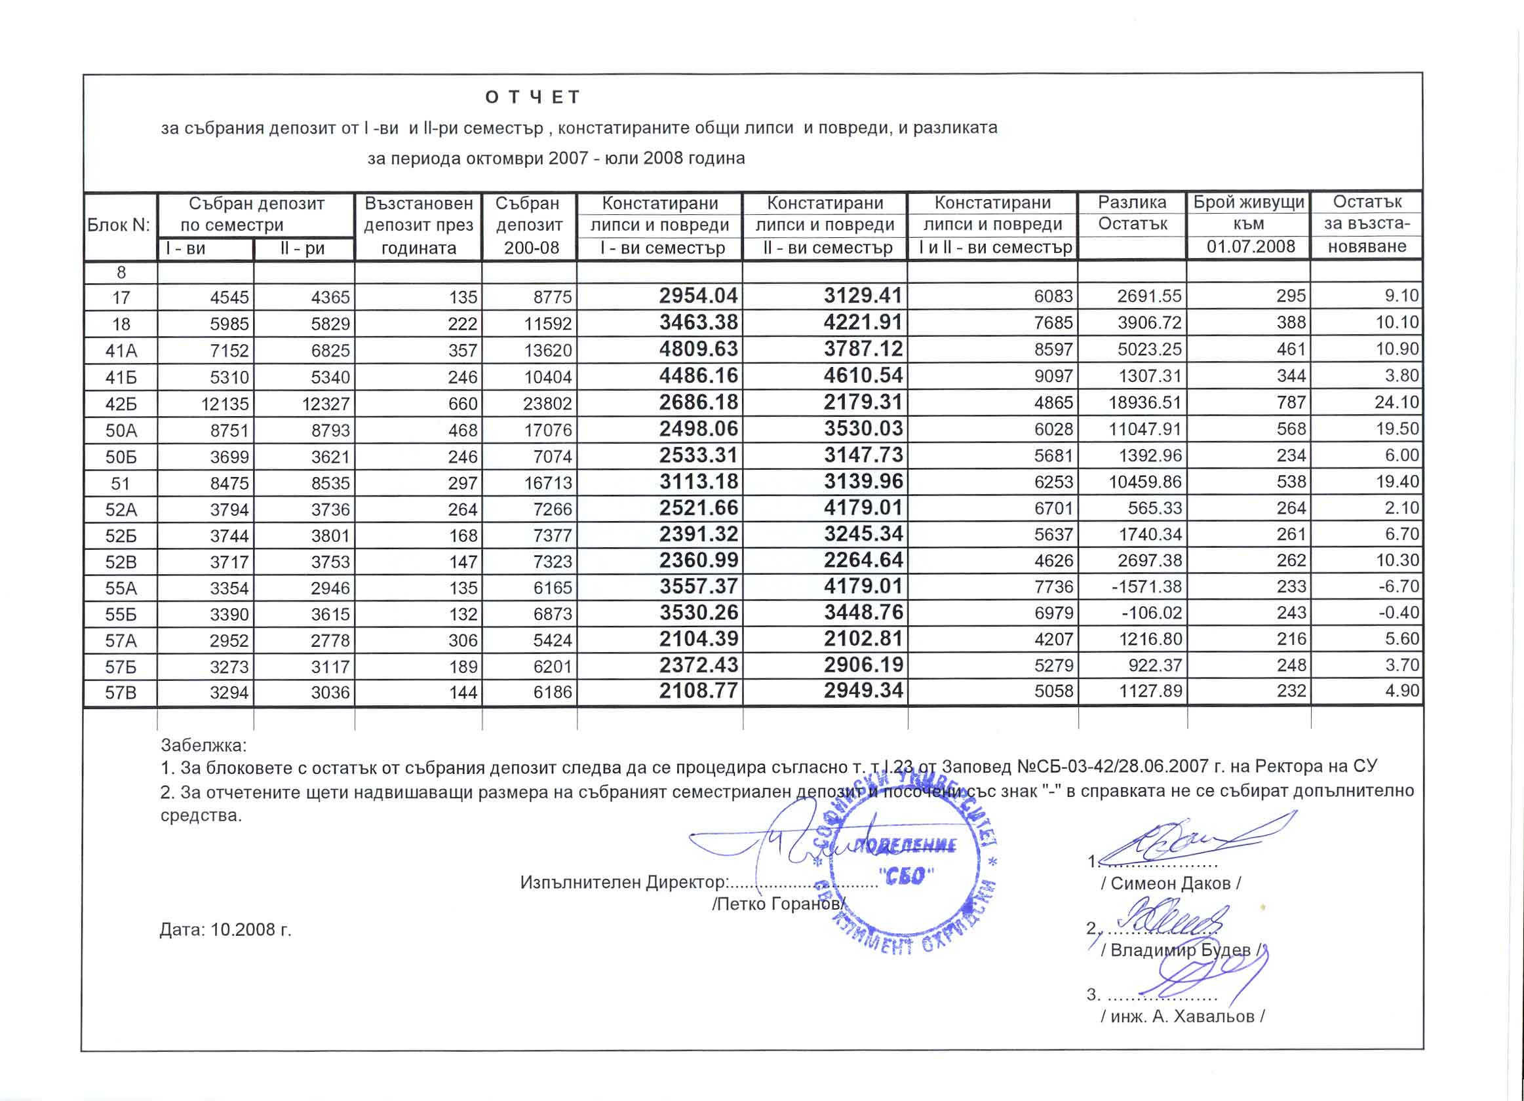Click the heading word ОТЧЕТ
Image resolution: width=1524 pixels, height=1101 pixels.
point(532,98)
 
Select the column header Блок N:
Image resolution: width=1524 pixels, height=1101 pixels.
point(119,225)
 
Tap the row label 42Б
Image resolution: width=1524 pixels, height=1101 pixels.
point(121,404)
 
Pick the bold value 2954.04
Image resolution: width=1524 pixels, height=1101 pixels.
point(698,296)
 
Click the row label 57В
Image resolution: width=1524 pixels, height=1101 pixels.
point(121,692)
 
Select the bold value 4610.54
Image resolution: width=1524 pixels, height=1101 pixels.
point(863,376)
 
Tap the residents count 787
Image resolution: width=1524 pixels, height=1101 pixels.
point(1291,403)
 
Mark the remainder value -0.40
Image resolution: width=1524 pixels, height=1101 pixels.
point(1398,613)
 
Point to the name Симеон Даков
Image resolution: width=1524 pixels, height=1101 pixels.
point(1171,883)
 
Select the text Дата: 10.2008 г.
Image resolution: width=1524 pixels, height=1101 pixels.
point(225,930)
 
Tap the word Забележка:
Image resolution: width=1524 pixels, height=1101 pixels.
point(204,745)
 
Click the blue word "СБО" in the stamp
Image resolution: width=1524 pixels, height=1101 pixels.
point(907,876)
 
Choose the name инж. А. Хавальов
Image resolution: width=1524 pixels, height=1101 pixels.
point(1182,1016)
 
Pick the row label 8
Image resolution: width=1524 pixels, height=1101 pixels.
point(121,273)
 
